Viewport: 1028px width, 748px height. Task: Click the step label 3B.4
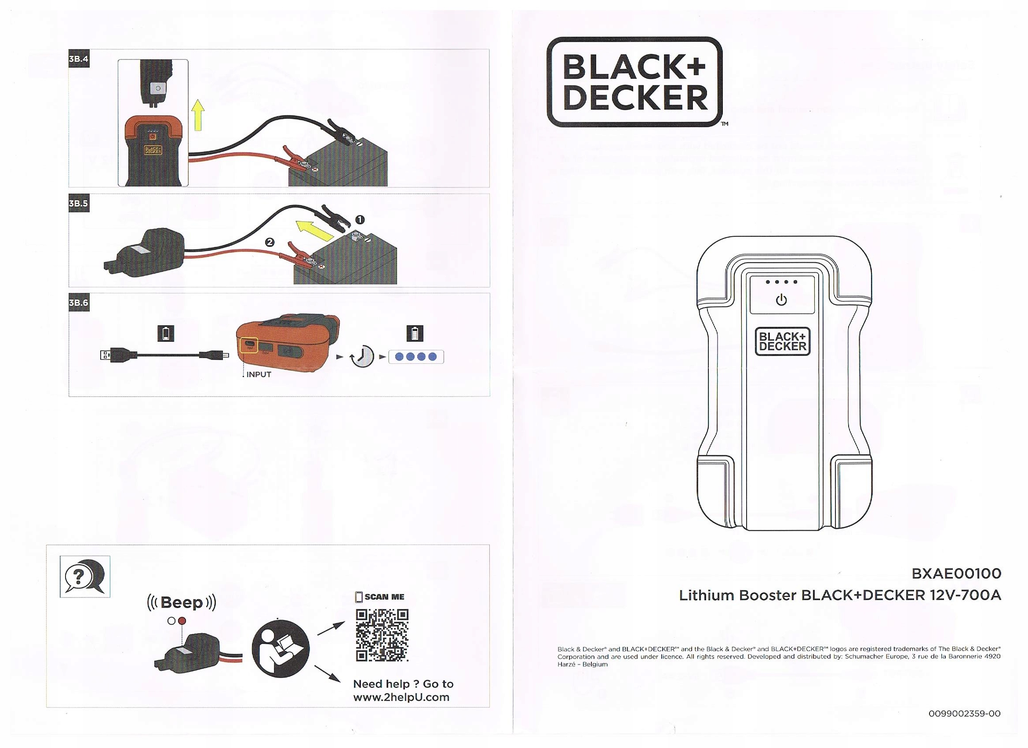click(78, 59)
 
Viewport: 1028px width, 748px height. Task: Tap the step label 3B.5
click(78, 204)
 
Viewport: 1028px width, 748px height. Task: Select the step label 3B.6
click(78, 303)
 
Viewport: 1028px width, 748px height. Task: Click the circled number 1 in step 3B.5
click(360, 220)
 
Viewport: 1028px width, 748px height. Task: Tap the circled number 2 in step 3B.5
click(270, 242)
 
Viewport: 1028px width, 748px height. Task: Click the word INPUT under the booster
click(259, 374)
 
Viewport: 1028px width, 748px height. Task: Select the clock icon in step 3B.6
click(363, 356)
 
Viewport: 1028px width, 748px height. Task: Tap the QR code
click(382, 635)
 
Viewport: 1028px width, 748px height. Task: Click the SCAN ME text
click(384, 597)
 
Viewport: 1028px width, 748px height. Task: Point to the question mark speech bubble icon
click(85, 577)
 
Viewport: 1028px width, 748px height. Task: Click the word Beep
click(182, 602)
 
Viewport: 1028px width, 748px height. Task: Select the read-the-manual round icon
click(281, 649)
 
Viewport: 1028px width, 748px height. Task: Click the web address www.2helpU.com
click(401, 697)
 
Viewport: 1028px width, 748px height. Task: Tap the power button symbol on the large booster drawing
click(781, 300)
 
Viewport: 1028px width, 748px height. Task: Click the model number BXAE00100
click(956, 573)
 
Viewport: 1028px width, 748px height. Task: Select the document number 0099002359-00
click(964, 714)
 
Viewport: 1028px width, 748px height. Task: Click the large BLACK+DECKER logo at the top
click(634, 82)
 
